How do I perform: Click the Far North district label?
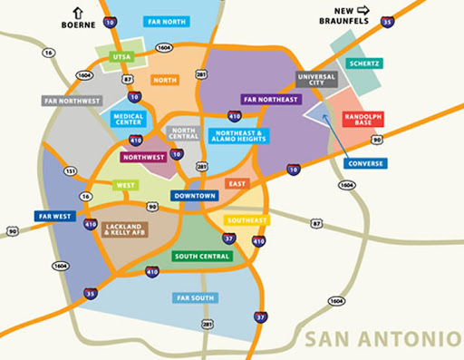pos(167,21)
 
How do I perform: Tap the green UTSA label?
pos(121,56)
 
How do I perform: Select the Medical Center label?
pos(129,119)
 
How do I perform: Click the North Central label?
pos(183,134)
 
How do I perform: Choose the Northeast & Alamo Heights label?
pos(238,136)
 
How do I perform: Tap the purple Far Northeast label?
pos(270,99)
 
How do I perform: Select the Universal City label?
pos(315,80)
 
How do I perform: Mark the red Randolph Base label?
pos(363,121)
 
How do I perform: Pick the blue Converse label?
pos(367,164)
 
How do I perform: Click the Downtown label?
pos(195,196)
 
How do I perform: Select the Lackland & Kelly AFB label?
pos(126,229)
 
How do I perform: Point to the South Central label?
pos(202,257)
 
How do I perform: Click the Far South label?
pos(193,297)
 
